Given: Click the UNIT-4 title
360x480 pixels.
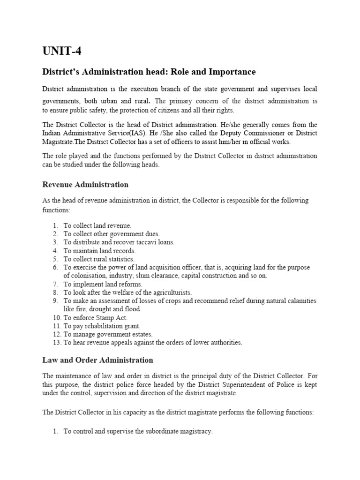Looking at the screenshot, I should [x=61, y=51].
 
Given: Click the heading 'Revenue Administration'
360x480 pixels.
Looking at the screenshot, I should [x=85, y=184].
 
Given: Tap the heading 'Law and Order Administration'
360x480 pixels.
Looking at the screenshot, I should [x=97, y=360].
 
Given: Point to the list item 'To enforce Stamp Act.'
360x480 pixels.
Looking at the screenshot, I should [x=96, y=317].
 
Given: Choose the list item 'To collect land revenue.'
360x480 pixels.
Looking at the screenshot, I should [x=97, y=225].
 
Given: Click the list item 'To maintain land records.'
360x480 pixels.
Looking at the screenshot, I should [x=99, y=250].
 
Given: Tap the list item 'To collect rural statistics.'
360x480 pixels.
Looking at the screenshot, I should [x=99, y=259].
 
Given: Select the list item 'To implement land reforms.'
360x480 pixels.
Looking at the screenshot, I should [x=103, y=284].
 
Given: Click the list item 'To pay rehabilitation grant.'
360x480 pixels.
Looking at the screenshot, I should [x=102, y=326].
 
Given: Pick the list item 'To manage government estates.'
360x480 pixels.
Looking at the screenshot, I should [x=108, y=334].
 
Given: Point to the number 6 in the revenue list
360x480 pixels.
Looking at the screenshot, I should [x=55, y=267].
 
